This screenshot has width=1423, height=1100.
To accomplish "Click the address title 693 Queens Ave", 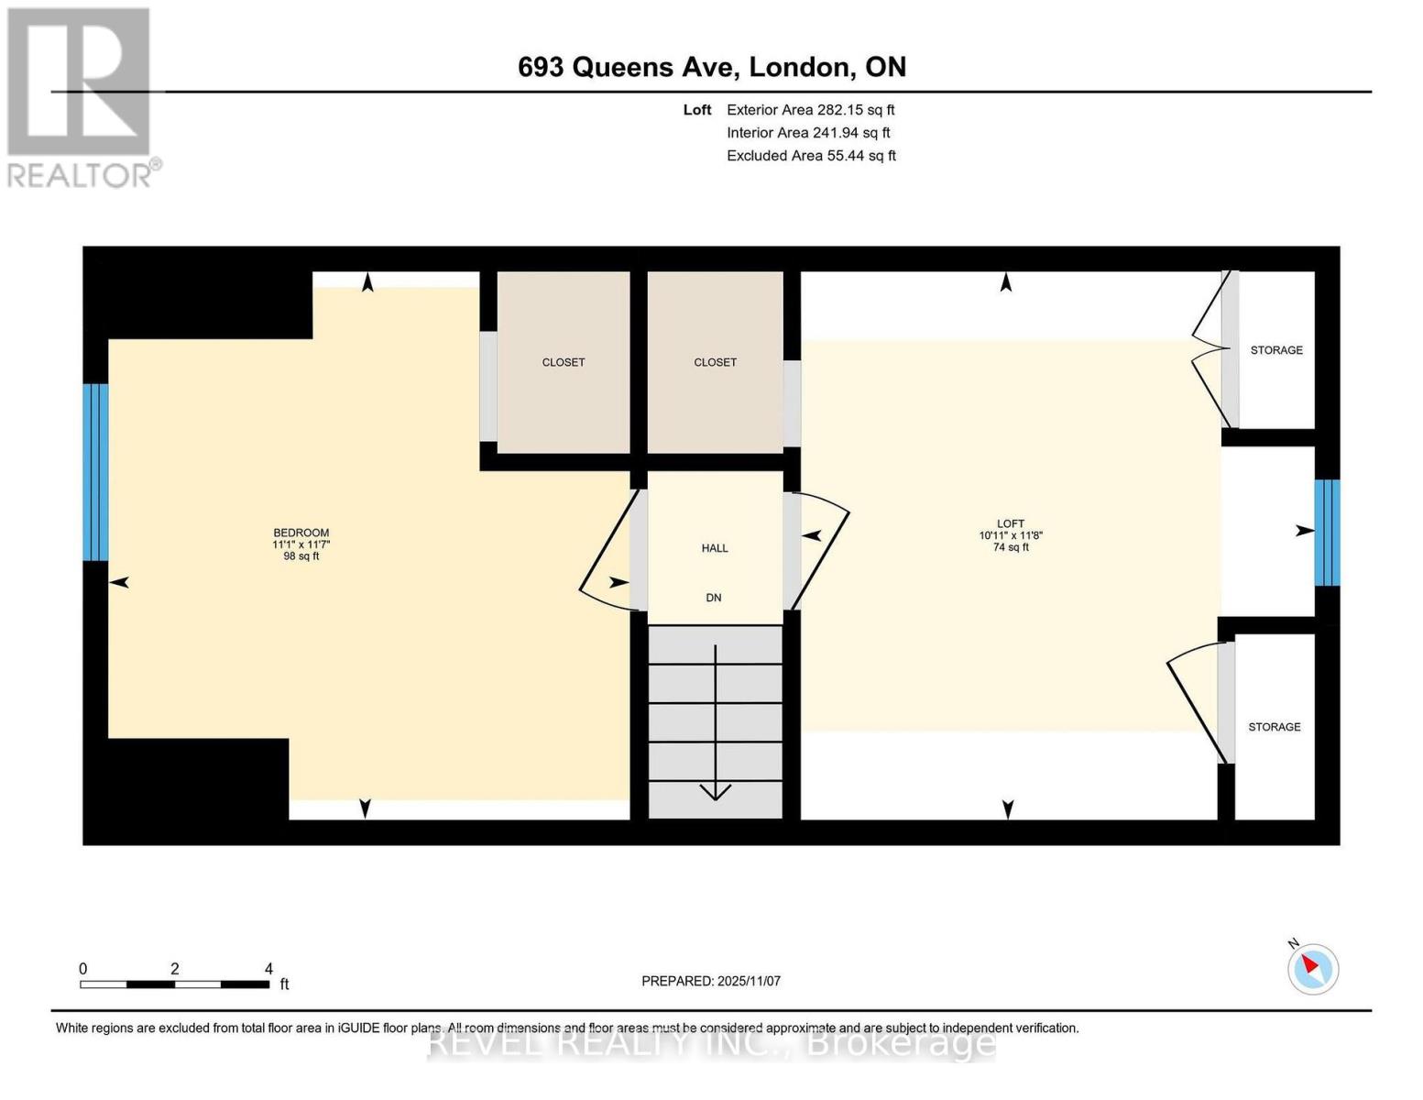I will (x=711, y=67).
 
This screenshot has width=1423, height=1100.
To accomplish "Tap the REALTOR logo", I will (x=81, y=96).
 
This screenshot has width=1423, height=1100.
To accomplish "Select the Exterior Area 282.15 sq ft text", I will (x=810, y=110).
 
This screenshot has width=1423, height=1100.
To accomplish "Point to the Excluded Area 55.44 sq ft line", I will (x=811, y=156).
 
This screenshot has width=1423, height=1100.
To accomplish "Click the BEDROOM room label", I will (x=301, y=533).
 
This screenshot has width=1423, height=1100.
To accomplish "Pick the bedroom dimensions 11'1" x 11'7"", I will (x=301, y=544).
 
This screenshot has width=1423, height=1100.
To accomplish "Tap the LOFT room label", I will (x=1010, y=523).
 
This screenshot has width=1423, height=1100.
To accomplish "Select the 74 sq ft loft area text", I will (x=1010, y=547).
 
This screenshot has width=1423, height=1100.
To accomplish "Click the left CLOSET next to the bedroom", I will (x=563, y=362).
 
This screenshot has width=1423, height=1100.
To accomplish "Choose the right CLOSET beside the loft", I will (x=715, y=362).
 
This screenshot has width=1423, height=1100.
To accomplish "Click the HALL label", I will (x=715, y=548).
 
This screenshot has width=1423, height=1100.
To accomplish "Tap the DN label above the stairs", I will (x=714, y=598).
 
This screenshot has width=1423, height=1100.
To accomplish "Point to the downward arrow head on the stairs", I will (x=715, y=791).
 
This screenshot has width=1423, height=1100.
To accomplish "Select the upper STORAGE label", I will (x=1276, y=350).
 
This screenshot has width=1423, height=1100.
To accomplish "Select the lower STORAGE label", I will (x=1274, y=727).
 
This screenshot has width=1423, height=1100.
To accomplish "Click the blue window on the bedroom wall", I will (x=95, y=472).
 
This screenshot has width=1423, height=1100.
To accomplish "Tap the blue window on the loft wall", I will (x=1327, y=533).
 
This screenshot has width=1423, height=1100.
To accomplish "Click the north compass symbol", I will (x=1312, y=968).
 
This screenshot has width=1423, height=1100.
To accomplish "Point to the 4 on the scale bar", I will (x=268, y=969).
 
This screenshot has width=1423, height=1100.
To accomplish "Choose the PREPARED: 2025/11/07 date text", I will (x=711, y=981).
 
